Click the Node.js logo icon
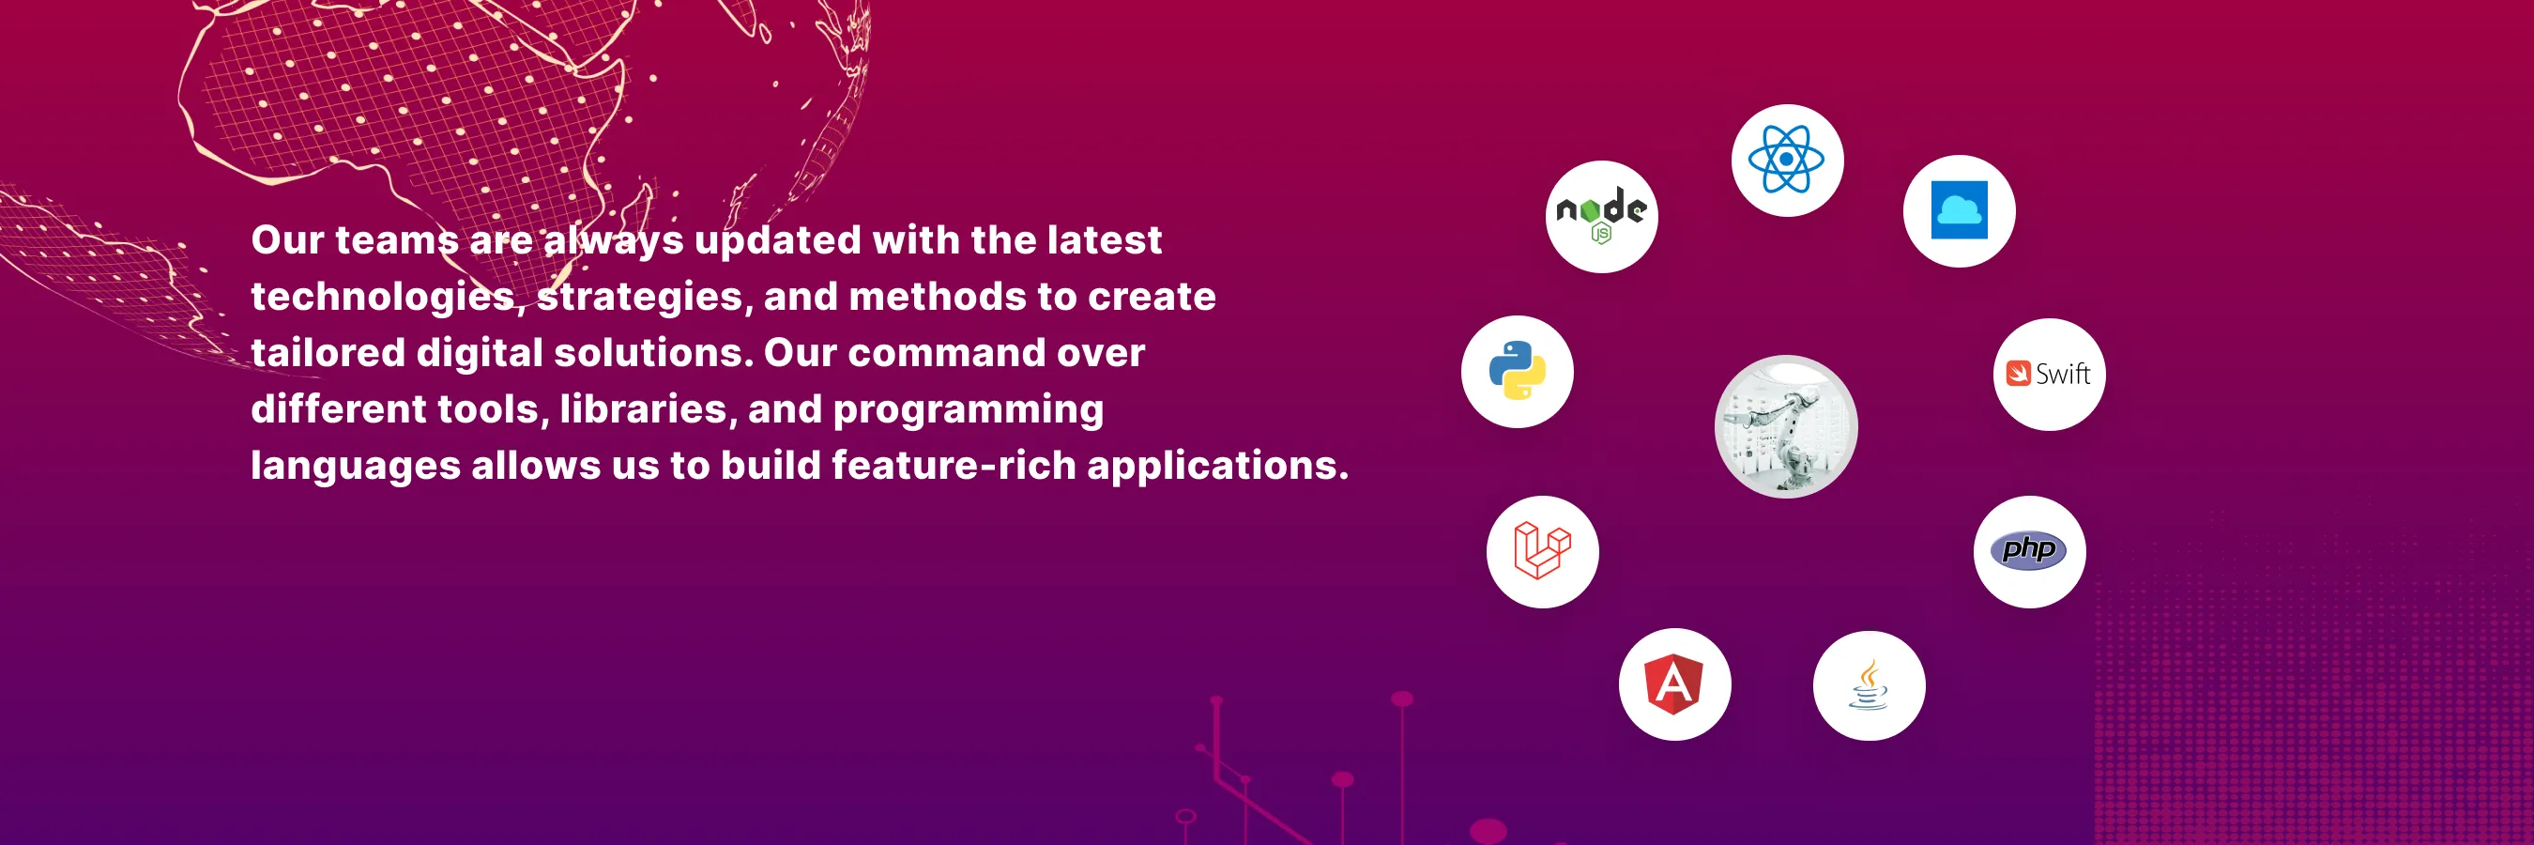point(1601,217)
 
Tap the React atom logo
point(1786,160)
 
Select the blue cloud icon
point(1959,210)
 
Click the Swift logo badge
point(2048,374)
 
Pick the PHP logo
point(2028,550)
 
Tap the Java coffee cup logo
point(1868,684)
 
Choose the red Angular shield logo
point(1674,684)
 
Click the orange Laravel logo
point(1541,551)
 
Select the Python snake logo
point(1517,371)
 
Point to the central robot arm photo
point(1785,426)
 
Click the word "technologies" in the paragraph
point(383,297)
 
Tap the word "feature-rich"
point(954,466)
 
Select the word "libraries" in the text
point(643,409)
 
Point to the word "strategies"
point(639,297)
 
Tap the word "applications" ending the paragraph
point(1211,467)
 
